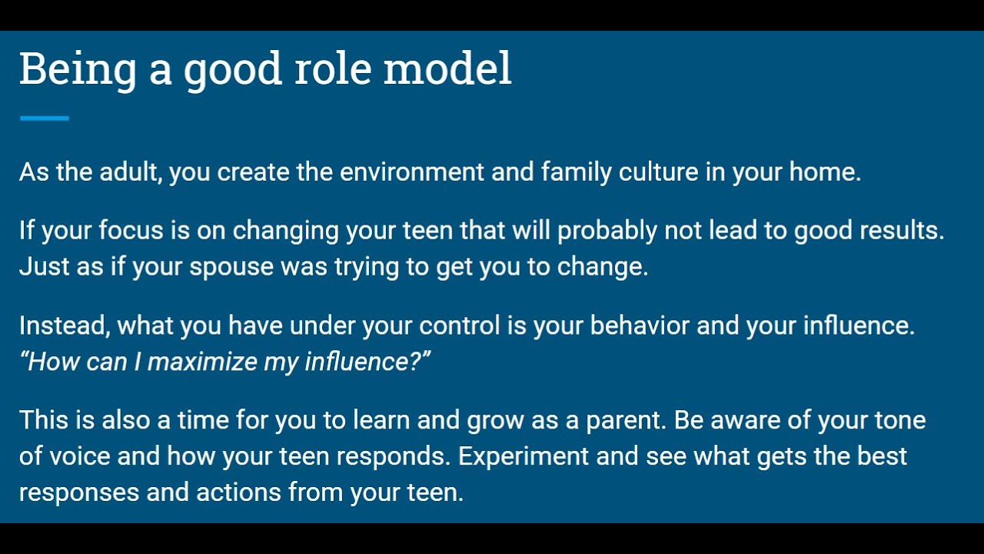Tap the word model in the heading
447,69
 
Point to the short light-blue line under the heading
44,118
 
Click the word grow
493,421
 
